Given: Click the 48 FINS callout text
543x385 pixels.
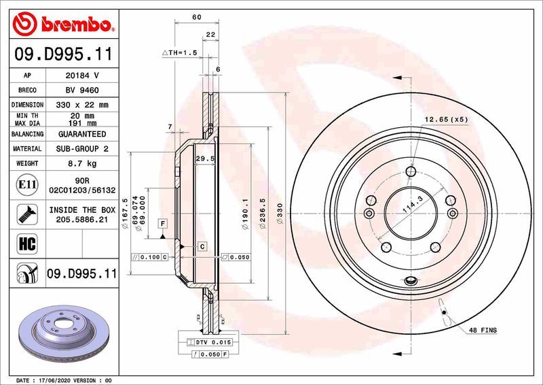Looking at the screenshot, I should point(482,330).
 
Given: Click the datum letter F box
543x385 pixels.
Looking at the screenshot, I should point(163,223).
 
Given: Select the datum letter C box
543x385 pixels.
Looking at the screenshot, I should point(202,245).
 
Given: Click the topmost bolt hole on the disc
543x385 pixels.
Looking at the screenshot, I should point(410,171).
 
